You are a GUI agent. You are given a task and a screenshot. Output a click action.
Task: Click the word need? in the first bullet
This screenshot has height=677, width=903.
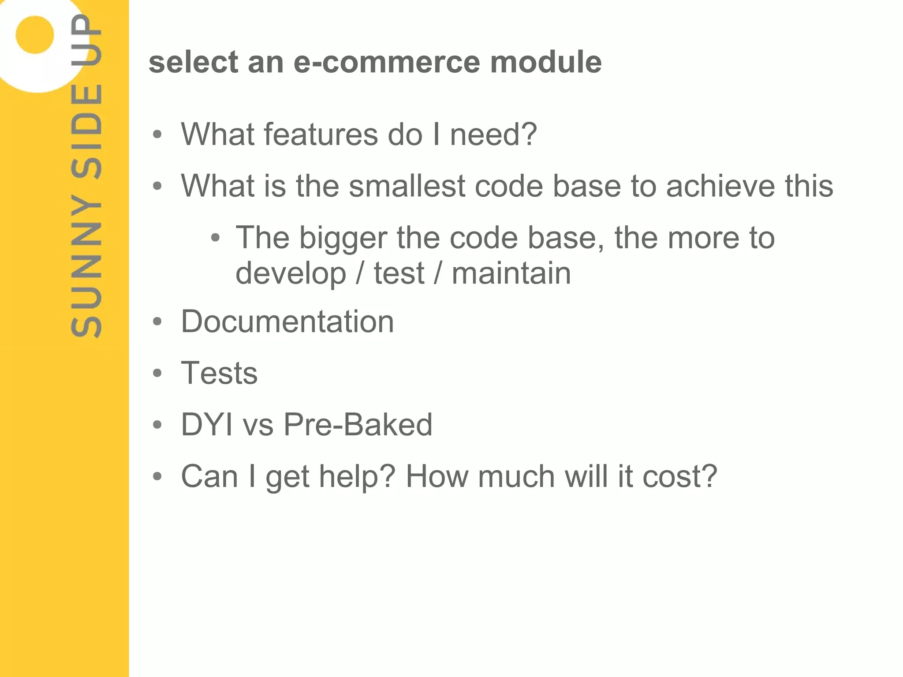click(x=493, y=135)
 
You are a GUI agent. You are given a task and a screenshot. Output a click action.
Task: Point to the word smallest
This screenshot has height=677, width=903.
click(x=407, y=186)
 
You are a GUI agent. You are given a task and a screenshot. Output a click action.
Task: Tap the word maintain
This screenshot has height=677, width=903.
click(x=511, y=273)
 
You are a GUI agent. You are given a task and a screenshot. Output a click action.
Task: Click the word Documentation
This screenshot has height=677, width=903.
click(x=287, y=322)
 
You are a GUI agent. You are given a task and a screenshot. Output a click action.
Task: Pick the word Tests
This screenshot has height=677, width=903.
click(x=219, y=373)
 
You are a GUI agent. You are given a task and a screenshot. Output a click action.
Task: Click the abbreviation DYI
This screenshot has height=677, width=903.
click(x=207, y=425)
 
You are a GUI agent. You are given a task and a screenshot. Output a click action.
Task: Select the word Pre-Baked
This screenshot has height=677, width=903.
click(x=358, y=425)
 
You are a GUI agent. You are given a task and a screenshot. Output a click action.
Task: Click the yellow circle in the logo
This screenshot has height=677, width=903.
click(x=34, y=34)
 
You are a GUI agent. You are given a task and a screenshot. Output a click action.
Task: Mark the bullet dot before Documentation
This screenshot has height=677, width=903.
click(x=157, y=322)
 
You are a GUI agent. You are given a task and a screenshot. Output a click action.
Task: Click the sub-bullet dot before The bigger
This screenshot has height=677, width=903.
click(x=215, y=239)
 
